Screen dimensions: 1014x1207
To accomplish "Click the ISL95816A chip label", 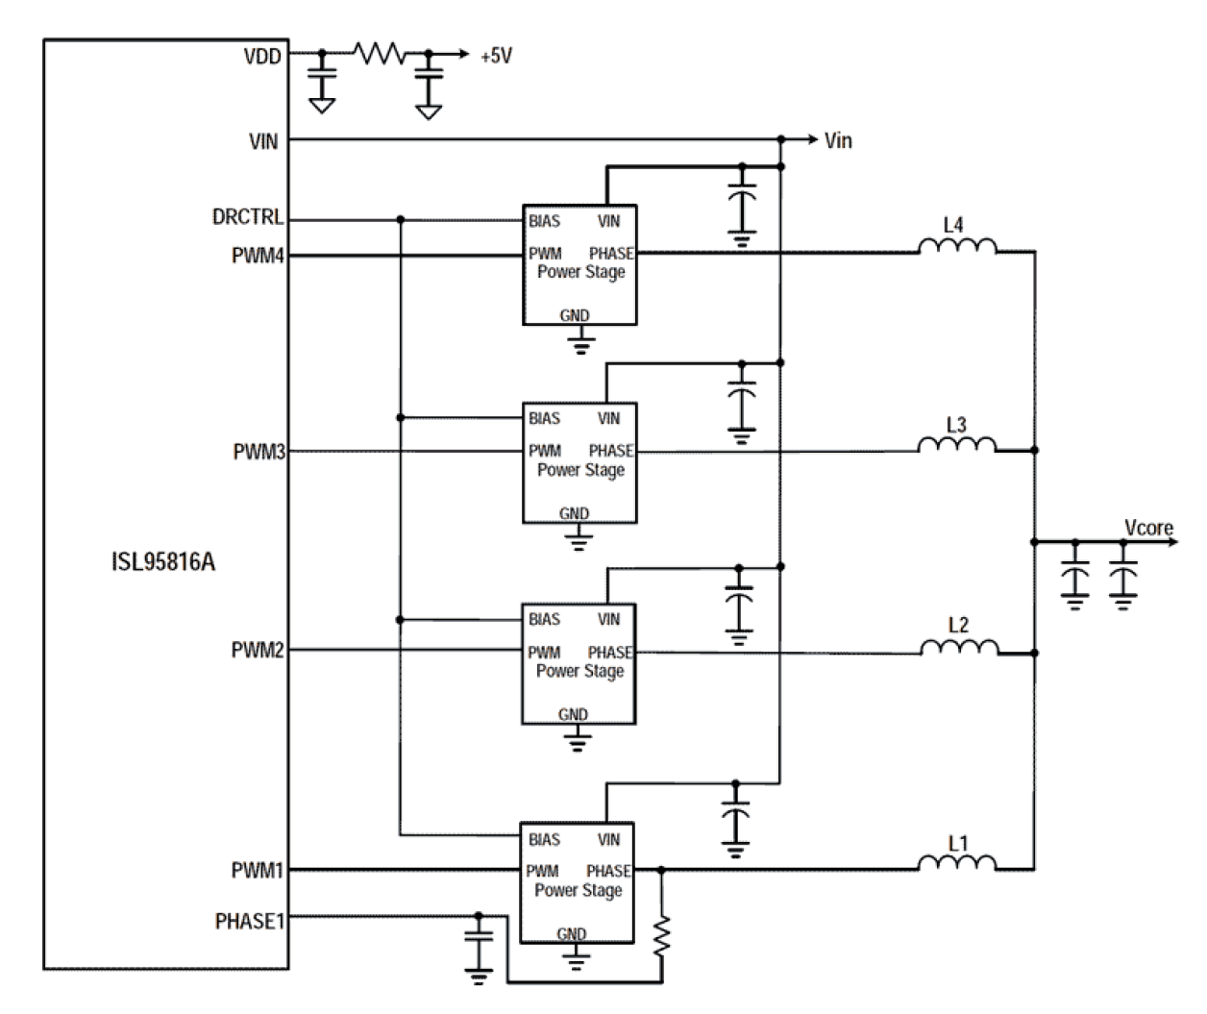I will tap(163, 562).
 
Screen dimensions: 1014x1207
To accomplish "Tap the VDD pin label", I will tap(262, 57).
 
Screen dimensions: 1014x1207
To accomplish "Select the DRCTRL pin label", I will tap(248, 218).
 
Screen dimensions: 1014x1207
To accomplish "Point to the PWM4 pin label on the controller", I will tap(258, 257).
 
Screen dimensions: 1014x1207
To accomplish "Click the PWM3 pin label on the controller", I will tap(259, 452).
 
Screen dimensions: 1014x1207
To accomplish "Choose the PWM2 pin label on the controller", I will tap(258, 651).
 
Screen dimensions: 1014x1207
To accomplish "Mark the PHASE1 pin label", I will tap(250, 922).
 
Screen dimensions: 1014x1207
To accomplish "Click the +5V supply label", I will tap(497, 57).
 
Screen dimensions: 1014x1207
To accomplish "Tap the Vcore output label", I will tap(1148, 528).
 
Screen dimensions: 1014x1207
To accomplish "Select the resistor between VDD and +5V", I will tap(380, 54).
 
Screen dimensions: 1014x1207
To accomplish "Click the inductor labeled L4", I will tap(956, 247).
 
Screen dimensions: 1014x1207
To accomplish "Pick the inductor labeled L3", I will tap(956, 444).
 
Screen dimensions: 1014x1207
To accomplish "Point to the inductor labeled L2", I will tap(958, 647).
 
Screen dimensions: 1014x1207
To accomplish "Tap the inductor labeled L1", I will tap(956, 863).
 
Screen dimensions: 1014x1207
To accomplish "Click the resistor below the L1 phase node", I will tap(661, 935).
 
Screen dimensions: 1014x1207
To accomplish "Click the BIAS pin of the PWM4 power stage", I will tap(544, 221).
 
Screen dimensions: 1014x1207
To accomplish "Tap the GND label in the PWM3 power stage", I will tap(574, 514).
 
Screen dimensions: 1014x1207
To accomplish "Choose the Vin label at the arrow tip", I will tap(838, 141).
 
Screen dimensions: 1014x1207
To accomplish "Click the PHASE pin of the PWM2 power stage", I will tap(609, 653).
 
